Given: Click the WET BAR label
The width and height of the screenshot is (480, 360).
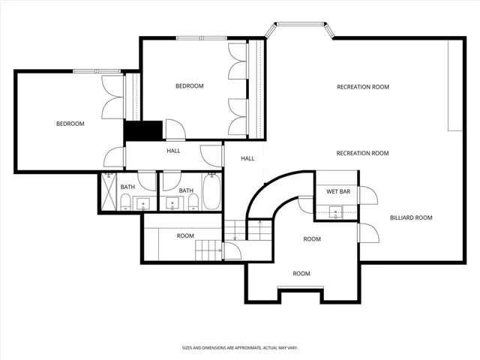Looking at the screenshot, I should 339,192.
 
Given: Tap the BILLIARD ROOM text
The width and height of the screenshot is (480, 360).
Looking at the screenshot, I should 411,218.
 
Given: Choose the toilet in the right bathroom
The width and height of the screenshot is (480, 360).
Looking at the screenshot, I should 190,202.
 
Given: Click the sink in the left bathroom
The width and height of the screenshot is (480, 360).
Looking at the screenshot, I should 145,203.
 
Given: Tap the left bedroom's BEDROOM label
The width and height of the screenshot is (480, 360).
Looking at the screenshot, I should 70,124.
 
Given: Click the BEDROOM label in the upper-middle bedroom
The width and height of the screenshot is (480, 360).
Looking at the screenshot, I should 189,86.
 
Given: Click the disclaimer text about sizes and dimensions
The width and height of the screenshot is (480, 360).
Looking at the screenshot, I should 239,348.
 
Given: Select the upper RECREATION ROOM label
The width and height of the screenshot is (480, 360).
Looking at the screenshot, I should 362,87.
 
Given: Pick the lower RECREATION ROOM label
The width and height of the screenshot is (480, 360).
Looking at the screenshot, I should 362,154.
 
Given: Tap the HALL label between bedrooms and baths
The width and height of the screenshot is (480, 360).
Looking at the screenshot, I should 173,151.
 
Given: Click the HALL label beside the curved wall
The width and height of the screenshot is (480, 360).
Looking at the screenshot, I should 247,159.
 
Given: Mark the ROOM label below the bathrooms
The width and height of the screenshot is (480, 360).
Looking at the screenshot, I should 185,236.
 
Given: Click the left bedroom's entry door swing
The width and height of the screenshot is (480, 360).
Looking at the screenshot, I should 114,157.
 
